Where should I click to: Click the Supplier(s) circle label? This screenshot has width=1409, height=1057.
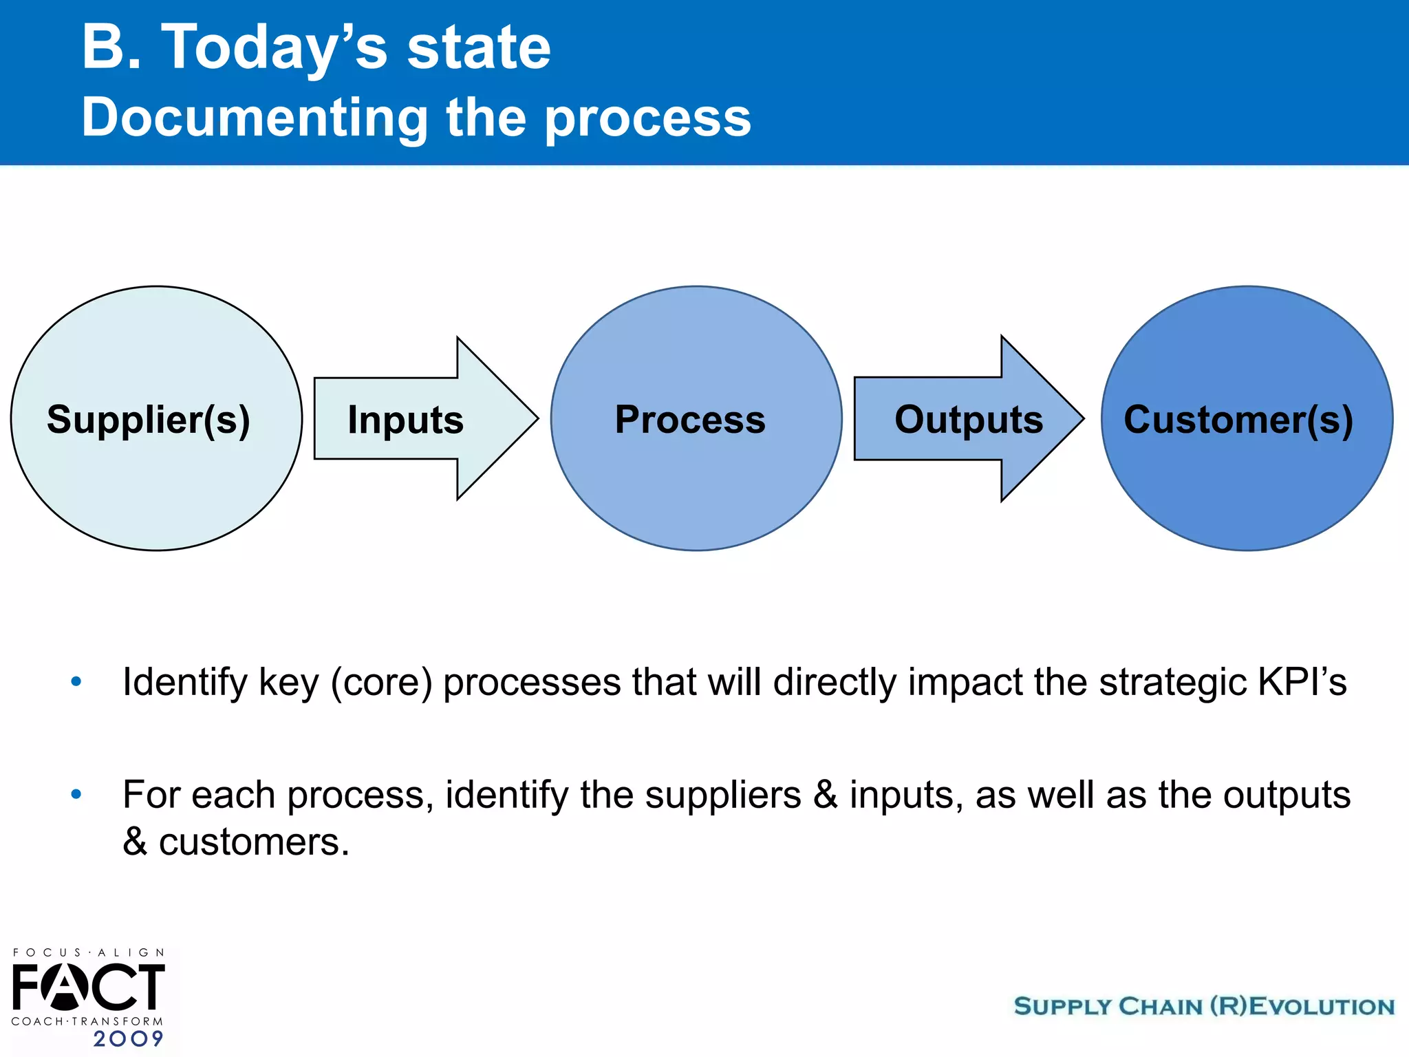149,419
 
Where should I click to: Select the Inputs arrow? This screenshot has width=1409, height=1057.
406,419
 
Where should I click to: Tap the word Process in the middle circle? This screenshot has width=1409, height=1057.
690,419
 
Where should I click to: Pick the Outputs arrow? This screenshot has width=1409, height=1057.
968,419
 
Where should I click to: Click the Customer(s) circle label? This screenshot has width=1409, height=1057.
1238,419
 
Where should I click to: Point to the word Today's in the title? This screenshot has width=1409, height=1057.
274,48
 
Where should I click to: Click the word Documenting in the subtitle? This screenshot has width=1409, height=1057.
255,117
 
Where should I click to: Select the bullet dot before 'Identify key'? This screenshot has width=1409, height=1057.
76,682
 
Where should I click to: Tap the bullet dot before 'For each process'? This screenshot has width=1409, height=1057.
76,795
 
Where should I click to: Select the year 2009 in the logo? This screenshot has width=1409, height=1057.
129,1038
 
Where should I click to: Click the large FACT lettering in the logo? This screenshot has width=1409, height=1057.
88,987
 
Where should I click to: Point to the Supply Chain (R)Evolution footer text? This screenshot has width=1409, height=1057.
1204,1006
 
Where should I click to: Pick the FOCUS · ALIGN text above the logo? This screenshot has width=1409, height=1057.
89,952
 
